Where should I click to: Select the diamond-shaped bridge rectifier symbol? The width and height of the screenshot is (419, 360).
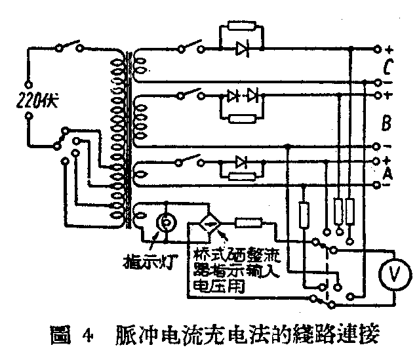pos(211,226)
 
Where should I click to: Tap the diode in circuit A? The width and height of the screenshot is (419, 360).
pos(241,160)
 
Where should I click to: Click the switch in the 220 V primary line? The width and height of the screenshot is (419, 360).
pos(70,47)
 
